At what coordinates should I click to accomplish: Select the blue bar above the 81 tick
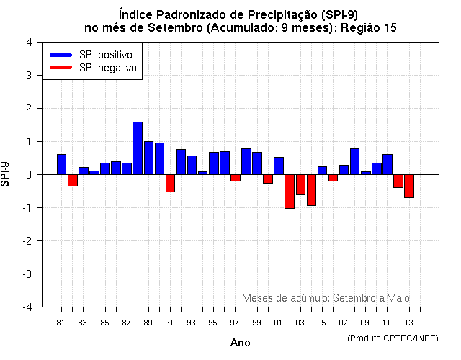point(61,164)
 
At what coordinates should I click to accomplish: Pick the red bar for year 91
point(170,183)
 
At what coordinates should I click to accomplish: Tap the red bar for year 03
point(300,184)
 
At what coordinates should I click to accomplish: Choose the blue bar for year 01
point(279,166)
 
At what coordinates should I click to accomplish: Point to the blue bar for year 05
point(322,171)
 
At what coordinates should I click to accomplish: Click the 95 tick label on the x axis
point(212,323)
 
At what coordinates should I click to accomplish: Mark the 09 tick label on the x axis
point(365,323)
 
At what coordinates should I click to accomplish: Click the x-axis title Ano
point(240,343)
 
